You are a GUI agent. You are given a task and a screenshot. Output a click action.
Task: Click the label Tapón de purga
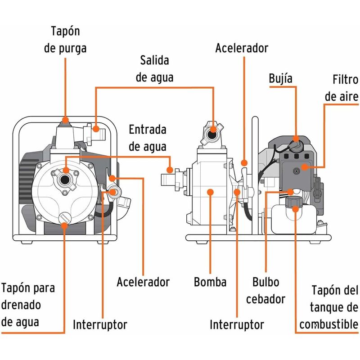click(x=65, y=40)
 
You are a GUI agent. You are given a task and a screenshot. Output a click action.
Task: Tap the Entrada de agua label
click(x=147, y=138)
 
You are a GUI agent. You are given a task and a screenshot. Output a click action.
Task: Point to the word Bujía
click(x=280, y=78)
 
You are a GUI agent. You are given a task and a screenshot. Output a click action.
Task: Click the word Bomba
click(x=210, y=282)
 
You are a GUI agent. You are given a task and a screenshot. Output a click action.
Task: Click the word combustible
click(x=328, y=324)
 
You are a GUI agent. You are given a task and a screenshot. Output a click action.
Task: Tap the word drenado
click(x=22, y=305)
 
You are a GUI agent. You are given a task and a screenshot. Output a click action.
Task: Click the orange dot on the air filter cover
click(x=304, y=167)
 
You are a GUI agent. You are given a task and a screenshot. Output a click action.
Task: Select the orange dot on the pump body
click(x=210, y=192)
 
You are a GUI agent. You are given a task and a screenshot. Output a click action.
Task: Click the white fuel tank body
click(x=292, y=220)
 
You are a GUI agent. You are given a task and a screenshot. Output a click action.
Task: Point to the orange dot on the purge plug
click(x=66, y=120)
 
